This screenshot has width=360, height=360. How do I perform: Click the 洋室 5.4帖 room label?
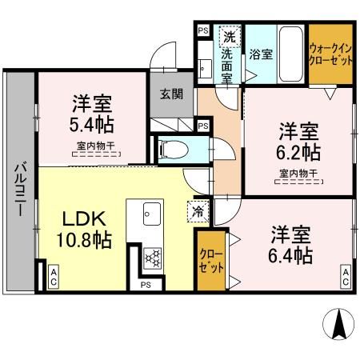(x=92, y=114)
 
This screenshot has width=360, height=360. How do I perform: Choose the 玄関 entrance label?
(x=171, y=94)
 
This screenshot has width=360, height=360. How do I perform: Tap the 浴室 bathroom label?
(x=260, y=55)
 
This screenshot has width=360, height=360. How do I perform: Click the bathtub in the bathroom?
(x=290, y=53)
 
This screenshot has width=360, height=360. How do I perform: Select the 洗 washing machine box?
(x=230, y=36)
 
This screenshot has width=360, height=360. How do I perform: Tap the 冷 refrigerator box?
(x=197, y=212)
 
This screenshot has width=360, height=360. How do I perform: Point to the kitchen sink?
(x=151, y=213)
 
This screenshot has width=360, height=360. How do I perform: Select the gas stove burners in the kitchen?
(x=151, y=258)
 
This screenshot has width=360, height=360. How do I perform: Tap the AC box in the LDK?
(x=53, y=276)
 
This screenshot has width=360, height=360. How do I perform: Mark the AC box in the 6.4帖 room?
(x=346, y=277)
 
